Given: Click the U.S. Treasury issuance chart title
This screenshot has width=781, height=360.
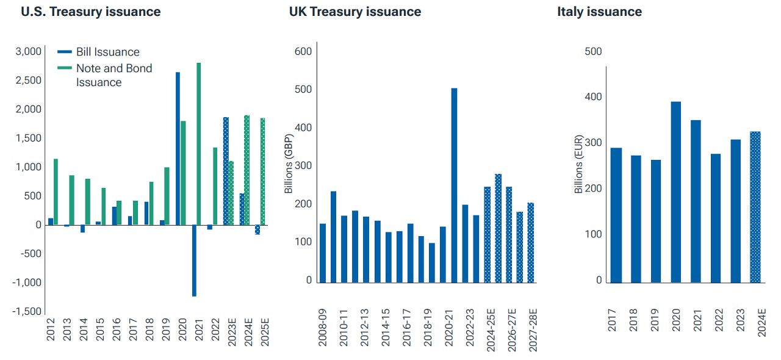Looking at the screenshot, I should click(x=91, y=12).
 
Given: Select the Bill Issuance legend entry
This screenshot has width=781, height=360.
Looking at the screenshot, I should click(x=107, y=52).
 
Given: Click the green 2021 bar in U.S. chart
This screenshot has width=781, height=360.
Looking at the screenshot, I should click(x=199, y=143).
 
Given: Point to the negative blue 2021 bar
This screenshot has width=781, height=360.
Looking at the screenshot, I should click(x=194, y=261).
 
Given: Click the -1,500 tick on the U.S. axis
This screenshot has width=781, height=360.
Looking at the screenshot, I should click(x=29, y=312).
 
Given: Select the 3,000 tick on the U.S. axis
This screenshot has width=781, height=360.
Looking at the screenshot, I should click(x=29, y=51).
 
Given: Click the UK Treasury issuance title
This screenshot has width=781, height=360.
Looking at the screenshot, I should click(x=355, y=12).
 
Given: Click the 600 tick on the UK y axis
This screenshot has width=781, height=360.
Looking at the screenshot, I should click(x=303, y=51).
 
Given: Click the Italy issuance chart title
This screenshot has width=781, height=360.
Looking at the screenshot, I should click(x=599, y=12).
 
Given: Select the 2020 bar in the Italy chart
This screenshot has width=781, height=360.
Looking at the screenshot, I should click(x=676, y=192).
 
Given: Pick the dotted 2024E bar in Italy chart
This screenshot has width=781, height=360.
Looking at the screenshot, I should click(x=755, y=207).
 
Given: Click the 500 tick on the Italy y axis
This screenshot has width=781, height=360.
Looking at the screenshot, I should click(x=593, y=51).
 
